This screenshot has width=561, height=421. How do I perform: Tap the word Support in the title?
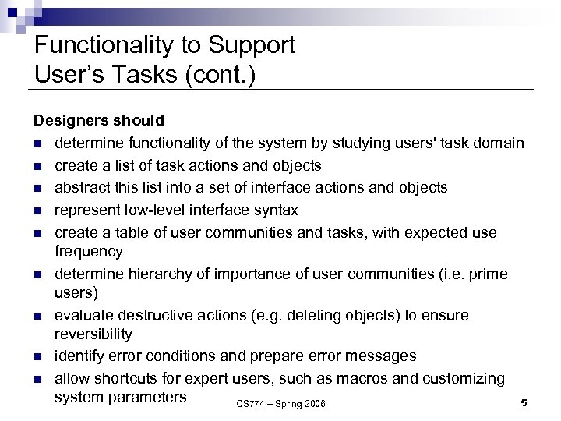click(x=254, y=44)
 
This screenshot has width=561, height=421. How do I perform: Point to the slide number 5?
click(x=524, y=402)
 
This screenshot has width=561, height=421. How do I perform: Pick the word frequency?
click(x=89, y=252)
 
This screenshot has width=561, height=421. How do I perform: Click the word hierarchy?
click(x=143, y=274)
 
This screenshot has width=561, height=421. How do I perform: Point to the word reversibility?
click(x=93, y=334)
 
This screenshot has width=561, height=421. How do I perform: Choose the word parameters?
click(x=148, y=396)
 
